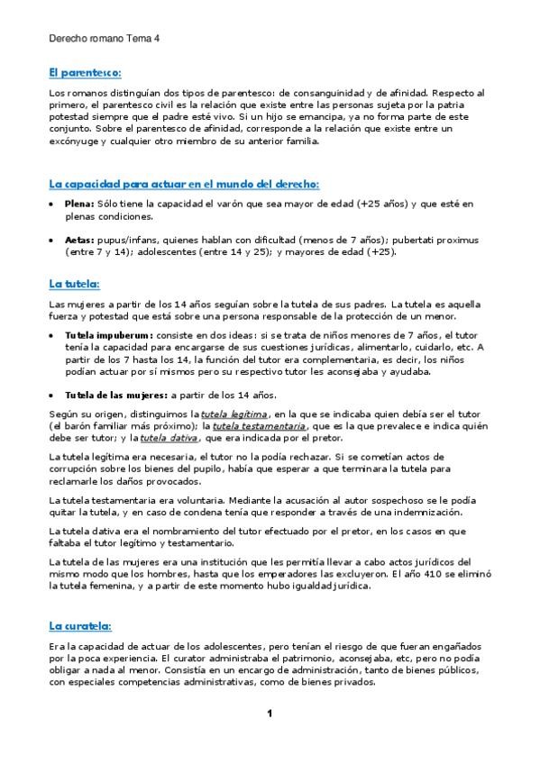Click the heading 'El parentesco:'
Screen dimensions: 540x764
(x=85, y=72)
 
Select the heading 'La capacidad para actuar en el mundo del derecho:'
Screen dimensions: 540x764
(x=183, y=184)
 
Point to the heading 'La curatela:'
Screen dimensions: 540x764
(x=80, y=625)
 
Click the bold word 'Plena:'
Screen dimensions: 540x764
(x=79, y=205)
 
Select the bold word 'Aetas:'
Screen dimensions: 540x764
(x=79, y=241)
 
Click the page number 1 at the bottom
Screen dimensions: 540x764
(x=269, y=714)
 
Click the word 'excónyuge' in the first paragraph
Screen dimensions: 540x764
(x=75, y=141)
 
